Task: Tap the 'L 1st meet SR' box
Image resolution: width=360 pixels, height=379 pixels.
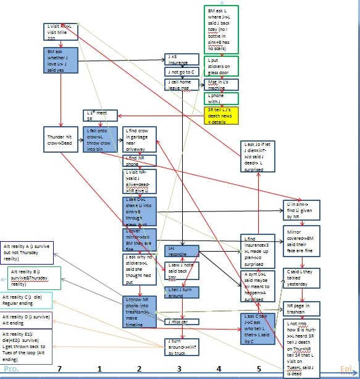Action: [99, 115]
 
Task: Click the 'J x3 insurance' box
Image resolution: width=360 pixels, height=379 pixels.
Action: [182, 59]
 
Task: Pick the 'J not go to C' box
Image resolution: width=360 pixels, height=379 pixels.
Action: [182, 72]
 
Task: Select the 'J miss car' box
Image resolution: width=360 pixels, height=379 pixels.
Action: [182, 321]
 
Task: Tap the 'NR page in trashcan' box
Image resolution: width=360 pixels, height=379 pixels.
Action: [301, 309]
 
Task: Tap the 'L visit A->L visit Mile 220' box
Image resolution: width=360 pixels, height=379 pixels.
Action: [61, 32]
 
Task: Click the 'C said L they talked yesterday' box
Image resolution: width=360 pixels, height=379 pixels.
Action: [301, 276]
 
